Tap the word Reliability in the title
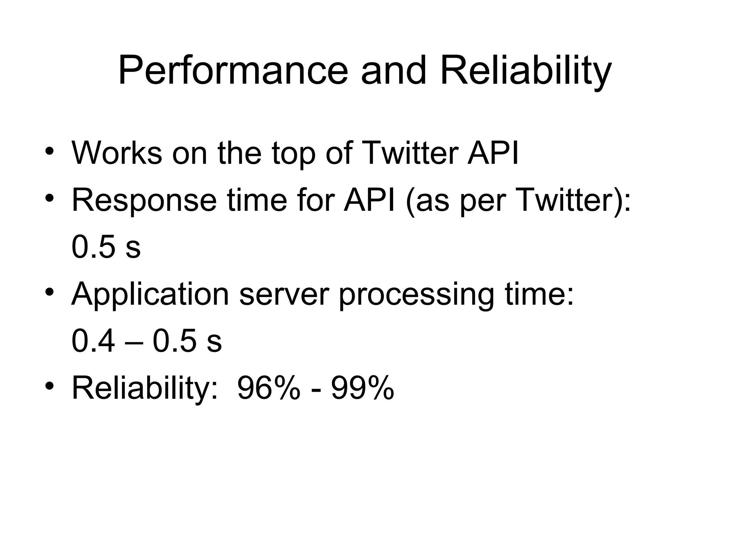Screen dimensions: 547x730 pos(526,71)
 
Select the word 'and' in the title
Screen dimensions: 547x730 pos(394,71)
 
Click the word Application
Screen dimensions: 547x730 pos(150,295)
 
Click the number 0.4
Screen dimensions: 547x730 pos(93,341)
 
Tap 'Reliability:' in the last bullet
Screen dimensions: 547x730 pos(145,389)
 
